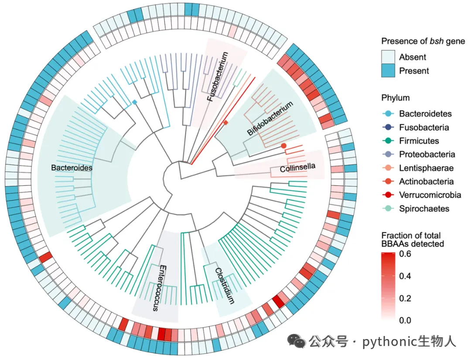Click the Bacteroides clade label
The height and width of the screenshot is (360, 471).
72,168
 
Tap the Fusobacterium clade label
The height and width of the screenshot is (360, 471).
218,76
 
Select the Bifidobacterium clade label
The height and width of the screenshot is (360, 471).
270,118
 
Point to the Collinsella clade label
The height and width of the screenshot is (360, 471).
297,168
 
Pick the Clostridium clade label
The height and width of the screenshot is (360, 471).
225,285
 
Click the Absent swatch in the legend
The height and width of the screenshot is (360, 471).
388,57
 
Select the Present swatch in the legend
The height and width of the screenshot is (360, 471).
388,70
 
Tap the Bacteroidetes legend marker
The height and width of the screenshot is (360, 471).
388,113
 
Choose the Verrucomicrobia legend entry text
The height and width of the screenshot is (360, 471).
430,195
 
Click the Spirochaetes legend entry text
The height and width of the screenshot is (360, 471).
424,208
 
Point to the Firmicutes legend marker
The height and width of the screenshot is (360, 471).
388,141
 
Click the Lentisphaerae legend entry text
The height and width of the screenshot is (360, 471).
426,168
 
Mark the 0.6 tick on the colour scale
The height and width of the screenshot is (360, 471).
405,254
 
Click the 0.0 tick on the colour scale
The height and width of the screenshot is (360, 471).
405,320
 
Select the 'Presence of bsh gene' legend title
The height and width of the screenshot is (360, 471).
423,41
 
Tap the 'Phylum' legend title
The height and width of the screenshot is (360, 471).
395,98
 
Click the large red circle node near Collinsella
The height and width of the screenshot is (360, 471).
283,146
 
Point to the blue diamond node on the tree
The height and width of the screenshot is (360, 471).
135,102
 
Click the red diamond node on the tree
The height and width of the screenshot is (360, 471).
225,123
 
